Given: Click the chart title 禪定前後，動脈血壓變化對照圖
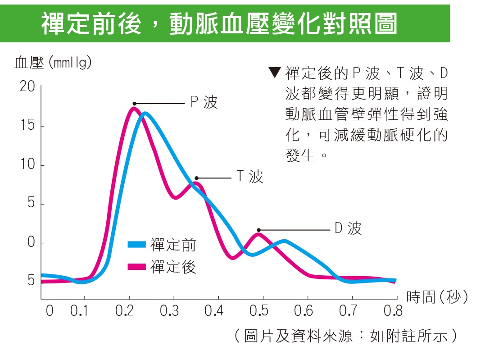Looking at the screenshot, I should tap(219, 24).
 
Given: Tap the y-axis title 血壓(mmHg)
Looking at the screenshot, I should tap(53, 63).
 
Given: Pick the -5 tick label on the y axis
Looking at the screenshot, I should tap(27, 281).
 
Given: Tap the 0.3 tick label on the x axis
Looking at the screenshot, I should tap(169, 311).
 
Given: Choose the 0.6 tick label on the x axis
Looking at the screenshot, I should tap(303, 311).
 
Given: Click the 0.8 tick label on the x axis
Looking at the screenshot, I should tap(393, 311).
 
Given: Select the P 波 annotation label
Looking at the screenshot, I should tap(204, 103).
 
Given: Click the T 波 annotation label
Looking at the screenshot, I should tap(249, 177).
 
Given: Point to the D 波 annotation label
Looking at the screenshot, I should tap(348, 229).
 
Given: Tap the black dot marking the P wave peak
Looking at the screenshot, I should tap(134, 104).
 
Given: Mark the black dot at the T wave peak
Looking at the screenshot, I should tap(196, 178).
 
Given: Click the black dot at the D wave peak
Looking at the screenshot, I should tap(258, 230).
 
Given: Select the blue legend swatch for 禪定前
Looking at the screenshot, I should tap(137, 245).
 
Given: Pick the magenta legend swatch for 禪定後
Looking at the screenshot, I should tap(137, 267).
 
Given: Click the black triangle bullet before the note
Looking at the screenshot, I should tap(274, 72).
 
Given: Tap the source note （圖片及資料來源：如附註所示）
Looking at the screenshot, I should tap(346, 336).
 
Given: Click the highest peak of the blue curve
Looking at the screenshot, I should tap(145, 114).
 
